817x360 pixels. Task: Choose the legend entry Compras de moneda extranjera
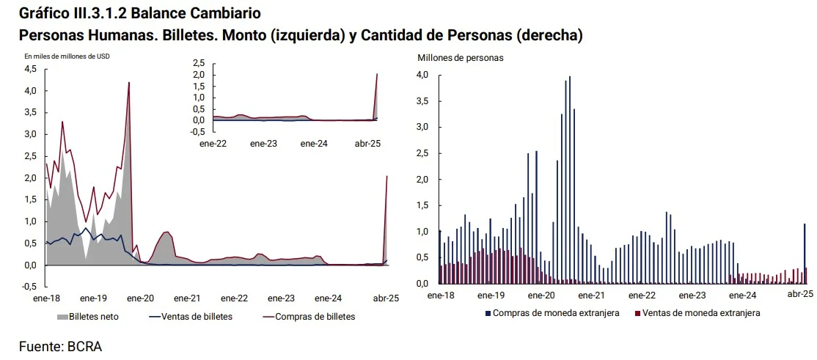coord(557,313)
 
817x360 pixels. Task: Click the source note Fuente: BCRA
coord(60,346)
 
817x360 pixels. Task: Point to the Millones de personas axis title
coord(460,57)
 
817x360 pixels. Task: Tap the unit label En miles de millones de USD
coord(67,56)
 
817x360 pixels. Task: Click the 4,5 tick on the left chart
coord(31,69)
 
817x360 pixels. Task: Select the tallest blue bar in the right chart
coord(570,180)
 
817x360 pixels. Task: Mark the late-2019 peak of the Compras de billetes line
coord(129,83)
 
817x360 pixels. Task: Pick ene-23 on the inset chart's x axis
coord(263,144)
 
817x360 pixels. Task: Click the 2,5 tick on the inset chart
coord(199,63)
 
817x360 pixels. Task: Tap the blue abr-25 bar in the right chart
coord(805,254)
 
